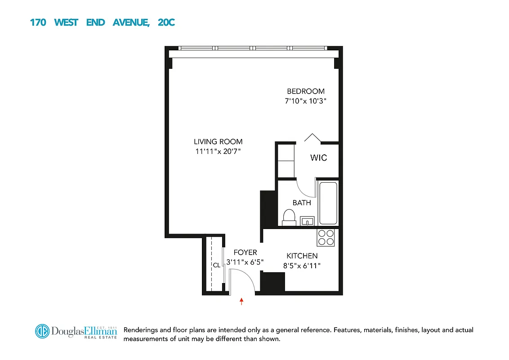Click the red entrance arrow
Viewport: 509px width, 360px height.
(x=242, y=301)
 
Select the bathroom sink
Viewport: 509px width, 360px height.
(x=308, y=221)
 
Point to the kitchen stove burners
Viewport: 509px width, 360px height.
(x=326, y=238)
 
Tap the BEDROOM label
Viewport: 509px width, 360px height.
(x=306, y=91)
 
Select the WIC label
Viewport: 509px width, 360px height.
(x=318, y=158)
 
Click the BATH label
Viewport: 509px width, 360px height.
(x=302, y=202)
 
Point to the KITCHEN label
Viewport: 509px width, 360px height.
(x=302, y=256)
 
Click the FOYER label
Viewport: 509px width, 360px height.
(x=245, y=252)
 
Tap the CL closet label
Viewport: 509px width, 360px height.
(x=217, y=265)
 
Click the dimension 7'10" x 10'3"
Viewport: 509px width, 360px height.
(x=305, y=101)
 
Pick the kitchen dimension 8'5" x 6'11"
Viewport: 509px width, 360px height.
(x=302, y=266)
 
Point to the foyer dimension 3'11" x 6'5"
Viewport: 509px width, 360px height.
(x=245, y=261)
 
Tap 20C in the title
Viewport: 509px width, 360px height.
(x=166, y=22)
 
